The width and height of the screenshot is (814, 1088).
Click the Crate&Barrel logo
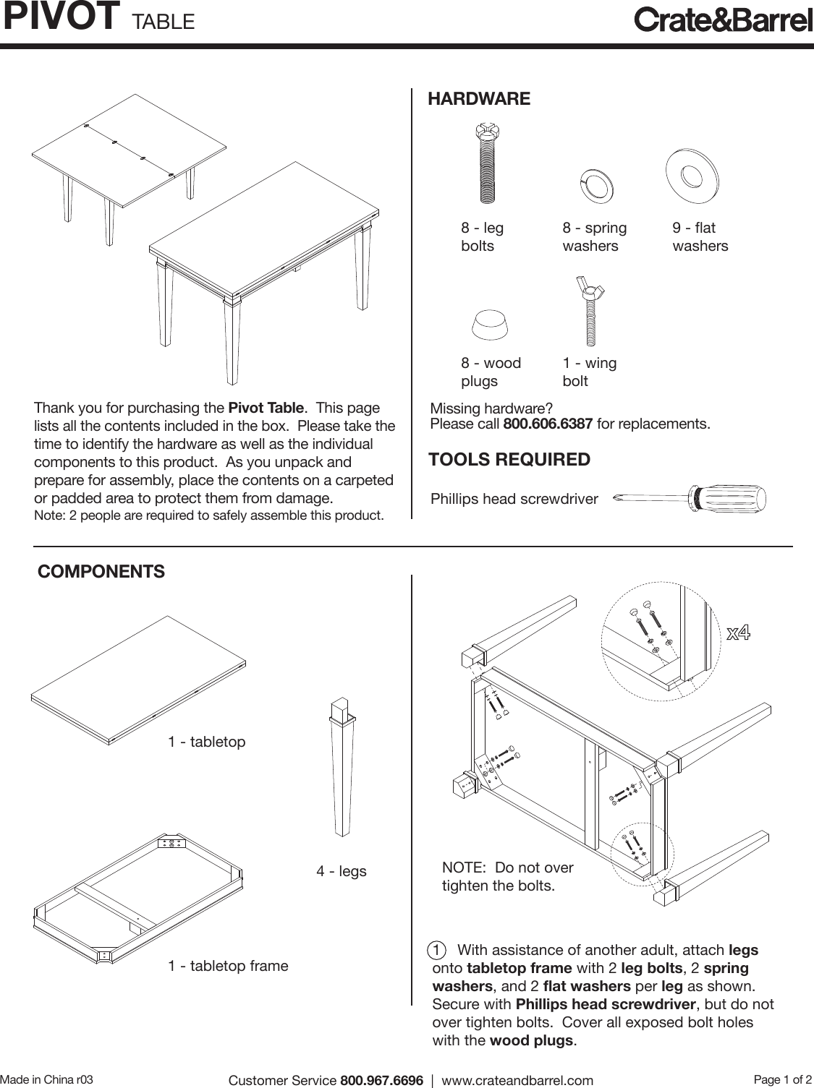(723, 20)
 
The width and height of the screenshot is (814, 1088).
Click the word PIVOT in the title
(61, 17)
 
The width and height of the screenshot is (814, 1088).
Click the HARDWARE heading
(479, 99)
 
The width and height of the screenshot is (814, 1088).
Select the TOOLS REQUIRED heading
(509, 460)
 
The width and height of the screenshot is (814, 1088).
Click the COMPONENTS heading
(101, 572)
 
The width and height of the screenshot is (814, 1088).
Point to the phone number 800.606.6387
(548, 423)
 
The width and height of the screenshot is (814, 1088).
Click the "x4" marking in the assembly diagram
(738, 634)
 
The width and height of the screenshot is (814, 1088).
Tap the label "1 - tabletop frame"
(228, 966)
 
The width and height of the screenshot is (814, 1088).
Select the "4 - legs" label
(341, 871)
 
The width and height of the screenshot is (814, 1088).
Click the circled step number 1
(436, 949)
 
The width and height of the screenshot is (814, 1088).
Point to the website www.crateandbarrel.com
(517, 1080)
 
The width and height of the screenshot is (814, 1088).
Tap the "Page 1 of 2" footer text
(783, 1079)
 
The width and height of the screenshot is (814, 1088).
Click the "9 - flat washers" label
(700, 237)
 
